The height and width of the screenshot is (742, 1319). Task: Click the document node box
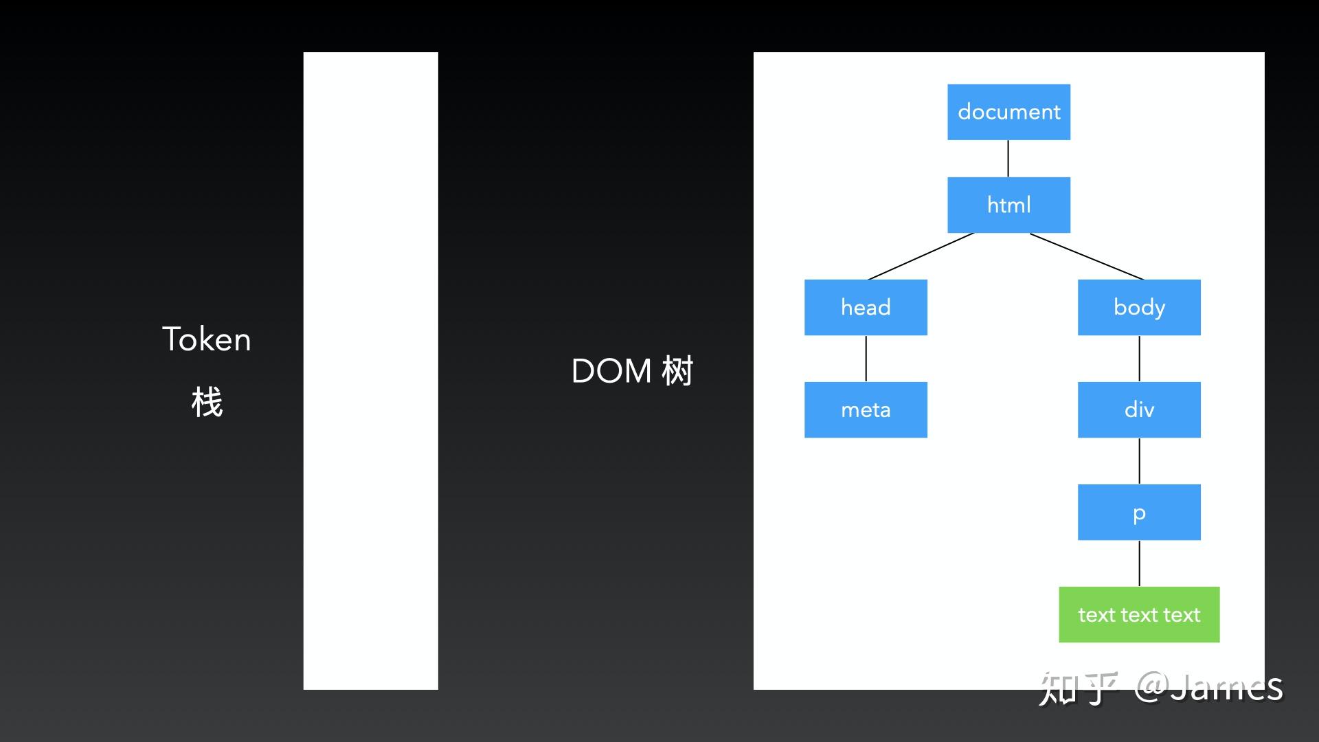click(x=1008, y=112)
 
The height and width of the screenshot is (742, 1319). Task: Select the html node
click(x=1008, y=205)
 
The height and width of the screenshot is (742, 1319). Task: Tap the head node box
click(x=866, y=307)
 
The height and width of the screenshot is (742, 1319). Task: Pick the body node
click(x=1139, y=307)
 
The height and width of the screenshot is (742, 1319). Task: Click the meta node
click(x=866, y=409)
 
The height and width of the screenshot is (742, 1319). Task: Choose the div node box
click(x=1139, y=409)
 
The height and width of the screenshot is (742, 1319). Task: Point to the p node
click(x=1139, y=512)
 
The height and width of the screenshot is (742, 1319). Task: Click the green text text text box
click(x=1139, y=614)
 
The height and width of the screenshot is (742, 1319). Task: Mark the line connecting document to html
click(x=1008, y=159)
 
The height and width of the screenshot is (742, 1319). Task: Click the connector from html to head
click(x=921, y=256)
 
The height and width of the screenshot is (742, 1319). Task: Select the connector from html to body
click(x=1087, y=256)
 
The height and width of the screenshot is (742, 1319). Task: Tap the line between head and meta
click(x=866, y=358)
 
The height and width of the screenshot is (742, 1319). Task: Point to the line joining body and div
click(x=1139, y=358)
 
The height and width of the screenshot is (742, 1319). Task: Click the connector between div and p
click(x=1139, y=460)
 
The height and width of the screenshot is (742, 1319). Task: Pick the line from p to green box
click(x=1139, y=563)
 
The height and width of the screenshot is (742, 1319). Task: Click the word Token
click(x=206, y=339)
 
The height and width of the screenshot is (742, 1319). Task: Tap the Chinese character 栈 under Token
click(x=207, y=402)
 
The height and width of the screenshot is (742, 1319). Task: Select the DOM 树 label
click(x=632, y=371)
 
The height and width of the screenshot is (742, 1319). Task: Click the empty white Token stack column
click(x=370, y=371)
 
